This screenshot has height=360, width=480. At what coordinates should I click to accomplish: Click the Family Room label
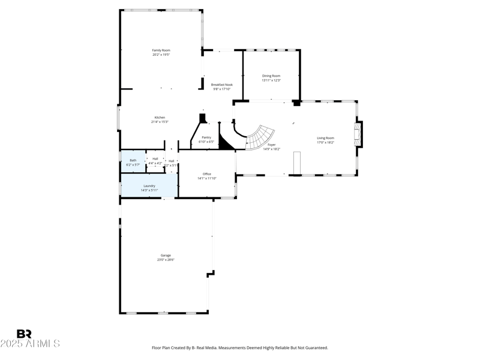tap(161, 50)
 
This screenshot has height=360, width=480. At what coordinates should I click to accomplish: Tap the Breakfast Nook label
tap(221, 85)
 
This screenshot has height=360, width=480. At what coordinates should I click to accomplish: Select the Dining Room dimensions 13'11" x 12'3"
tap(271, 80)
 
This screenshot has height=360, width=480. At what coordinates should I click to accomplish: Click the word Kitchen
tap(160, 118)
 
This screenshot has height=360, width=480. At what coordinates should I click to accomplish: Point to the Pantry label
tap(206, 137)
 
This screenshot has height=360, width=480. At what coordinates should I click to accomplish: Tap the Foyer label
tap(272, 145)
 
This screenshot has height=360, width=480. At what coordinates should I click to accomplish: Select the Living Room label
tap(326, 138)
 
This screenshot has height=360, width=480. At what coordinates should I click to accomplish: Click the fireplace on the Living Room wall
tap(359, 134)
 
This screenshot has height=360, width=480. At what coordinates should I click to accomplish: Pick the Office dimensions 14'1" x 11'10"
tap(207, 178)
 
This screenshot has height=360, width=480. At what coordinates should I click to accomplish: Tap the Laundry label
tap(149, 186)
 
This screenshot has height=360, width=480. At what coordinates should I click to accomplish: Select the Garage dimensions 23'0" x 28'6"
tap(166, 260)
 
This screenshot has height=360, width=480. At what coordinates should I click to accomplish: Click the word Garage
tap(166, 256)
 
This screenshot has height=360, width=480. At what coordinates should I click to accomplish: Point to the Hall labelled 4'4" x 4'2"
tap(155, 161)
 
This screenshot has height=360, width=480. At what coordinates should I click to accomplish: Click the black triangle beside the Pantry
tap(225, 143)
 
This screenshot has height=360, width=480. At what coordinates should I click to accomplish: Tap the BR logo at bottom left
tap(24, 334)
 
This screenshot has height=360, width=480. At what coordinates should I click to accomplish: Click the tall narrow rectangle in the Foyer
tap(296, 163)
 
